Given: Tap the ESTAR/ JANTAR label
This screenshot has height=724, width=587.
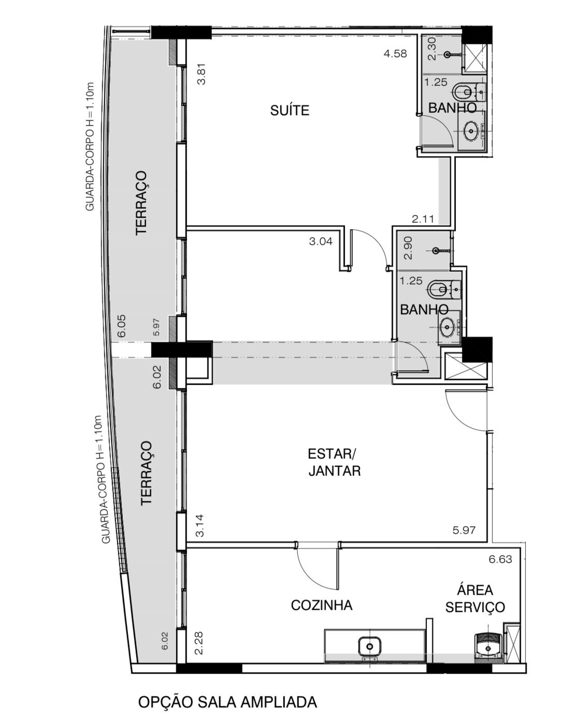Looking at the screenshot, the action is pyautogui.click(x=334, y=462).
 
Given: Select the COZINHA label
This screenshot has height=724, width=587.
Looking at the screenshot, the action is pyautogui.click(x=322, y=605).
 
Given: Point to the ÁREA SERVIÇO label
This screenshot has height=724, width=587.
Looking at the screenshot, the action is pyautogui.click(x=475, y=598).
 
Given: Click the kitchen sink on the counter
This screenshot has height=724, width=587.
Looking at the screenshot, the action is pyautogui.click(x=370, y=645).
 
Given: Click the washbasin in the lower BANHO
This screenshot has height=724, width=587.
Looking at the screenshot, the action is pyautogui.click(x=448, y=327).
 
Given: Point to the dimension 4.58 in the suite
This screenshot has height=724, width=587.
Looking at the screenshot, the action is pyautogui.click(x=395, y=54).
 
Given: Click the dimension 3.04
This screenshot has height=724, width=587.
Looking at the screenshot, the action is pyautogui.click(x=321, y=241).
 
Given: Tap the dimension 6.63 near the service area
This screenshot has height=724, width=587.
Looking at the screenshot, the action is pyautogui.click(x=500, y=559).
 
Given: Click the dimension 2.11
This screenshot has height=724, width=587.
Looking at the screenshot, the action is pyautogui.click(x=423, y=219).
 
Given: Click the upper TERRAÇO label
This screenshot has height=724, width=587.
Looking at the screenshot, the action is pyautogui.click(x=141, y=203).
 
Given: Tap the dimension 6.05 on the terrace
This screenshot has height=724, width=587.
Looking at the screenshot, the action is pyautogui.click(x=121, y=326).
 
